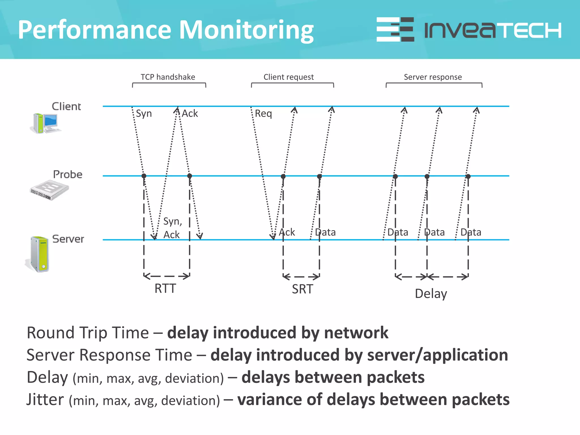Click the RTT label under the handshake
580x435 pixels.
(x=165, y=289)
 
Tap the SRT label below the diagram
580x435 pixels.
(x=302, y=289)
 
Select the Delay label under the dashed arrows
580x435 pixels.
(x=431, y=294)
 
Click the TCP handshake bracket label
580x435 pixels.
(x=168, y=77)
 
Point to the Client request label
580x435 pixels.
(x=289, y=77)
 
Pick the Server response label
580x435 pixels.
(x=433, y=77)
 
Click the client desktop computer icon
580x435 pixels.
(x=45, y=123)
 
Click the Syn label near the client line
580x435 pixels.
(x=144, y=114)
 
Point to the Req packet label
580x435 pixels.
(x=263, y=114)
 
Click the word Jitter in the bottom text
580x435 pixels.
(x=45, y=400)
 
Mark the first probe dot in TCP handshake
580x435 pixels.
(x=144, y=176)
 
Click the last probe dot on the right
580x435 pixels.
(x=468, y=176)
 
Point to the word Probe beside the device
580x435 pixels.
(x=68, y=174)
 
